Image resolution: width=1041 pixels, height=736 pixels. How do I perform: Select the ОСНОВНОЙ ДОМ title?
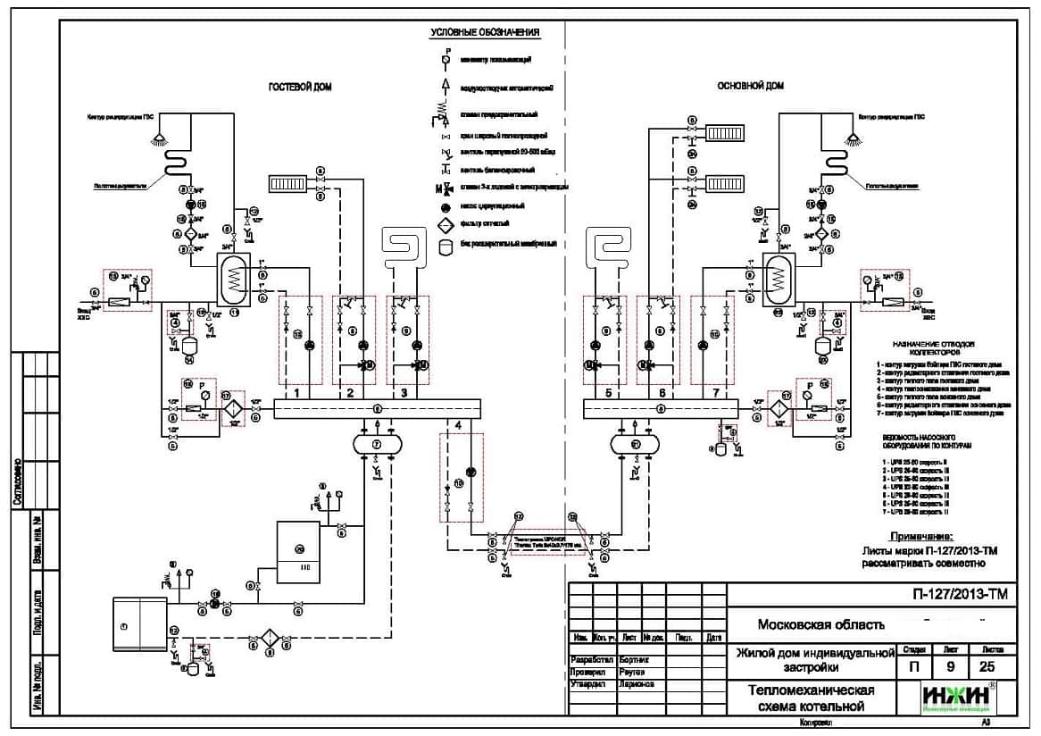pos(750,87)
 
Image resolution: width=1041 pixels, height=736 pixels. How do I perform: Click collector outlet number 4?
pos(459,424)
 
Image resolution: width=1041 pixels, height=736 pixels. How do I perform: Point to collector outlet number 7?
pos(714,392)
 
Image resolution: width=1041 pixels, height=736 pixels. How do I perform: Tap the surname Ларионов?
pos(636,684)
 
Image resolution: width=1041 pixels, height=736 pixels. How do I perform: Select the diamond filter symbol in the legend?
pos(446,223)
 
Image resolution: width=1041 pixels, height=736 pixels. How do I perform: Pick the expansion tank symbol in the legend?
pos(446,244)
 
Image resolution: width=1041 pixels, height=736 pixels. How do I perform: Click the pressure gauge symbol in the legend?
pos(446,58)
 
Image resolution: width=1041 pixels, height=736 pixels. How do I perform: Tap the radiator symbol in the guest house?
pos(288,184)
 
